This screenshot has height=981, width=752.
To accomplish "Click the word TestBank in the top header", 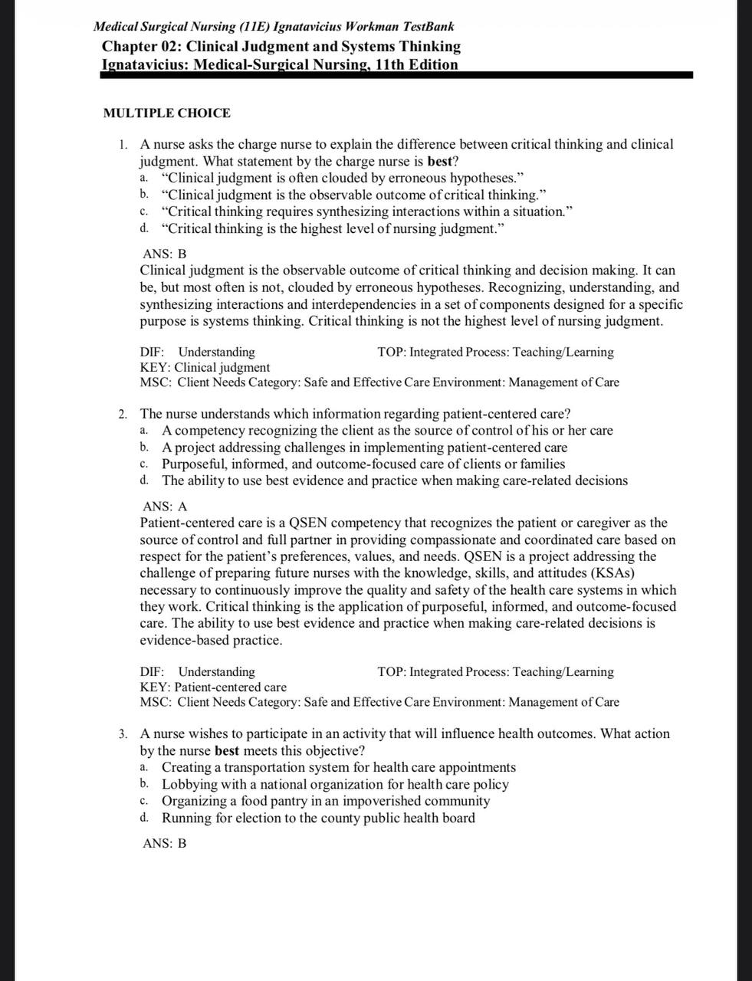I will tap(425, 27).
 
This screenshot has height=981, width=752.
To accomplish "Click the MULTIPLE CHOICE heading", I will tap(166, 113).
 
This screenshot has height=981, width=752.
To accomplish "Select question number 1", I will tap(123, 144).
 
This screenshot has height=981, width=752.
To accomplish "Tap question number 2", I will tap(123, 415).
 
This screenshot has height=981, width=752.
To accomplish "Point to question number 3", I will tap(123, 734).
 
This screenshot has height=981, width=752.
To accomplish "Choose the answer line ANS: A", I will tap(165, 507).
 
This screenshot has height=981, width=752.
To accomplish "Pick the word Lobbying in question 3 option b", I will tap(189, 784).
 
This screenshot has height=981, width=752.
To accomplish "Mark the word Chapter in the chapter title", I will tap(129, 47).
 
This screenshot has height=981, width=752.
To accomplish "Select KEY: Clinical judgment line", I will tap(205, 367).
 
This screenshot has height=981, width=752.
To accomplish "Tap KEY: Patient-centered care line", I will tap(213, 687).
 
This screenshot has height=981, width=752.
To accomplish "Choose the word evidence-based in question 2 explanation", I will tap(184, 640).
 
